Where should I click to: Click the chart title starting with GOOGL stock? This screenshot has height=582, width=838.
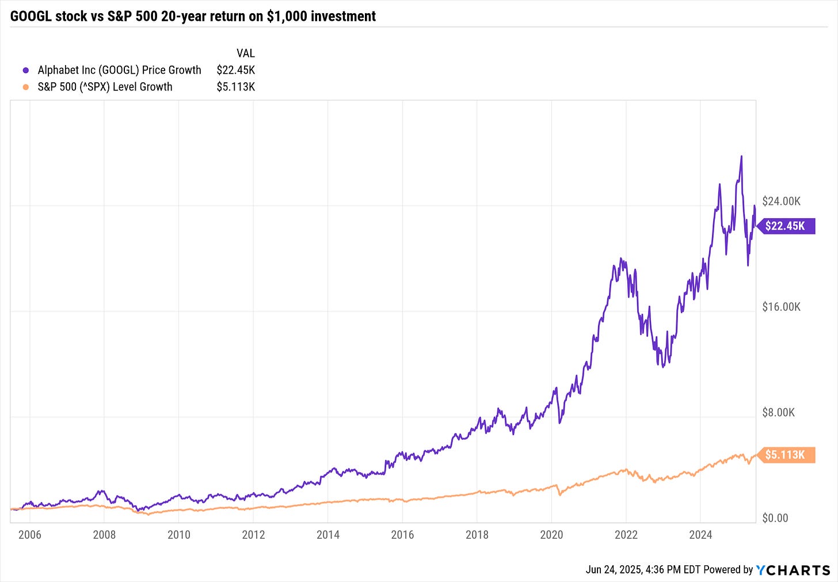click(193, 16)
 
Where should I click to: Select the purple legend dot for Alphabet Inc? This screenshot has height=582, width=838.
click(25, 70)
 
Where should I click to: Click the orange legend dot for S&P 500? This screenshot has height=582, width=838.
click(25, 87)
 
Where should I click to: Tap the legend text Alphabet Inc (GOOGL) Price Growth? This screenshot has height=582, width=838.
click(119, 70)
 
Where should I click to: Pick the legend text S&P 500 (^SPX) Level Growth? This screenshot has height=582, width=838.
click(105, 87)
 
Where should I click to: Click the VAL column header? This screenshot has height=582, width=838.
click(245, 54)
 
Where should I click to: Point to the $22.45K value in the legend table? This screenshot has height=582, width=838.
click(235, 70)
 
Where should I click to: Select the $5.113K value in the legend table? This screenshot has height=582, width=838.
click(235, 87)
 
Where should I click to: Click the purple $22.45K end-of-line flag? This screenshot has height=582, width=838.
click(785, 226)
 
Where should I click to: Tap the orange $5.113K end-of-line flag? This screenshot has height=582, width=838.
click(785, 455)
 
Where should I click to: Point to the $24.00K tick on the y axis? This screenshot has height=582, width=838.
click(781, 201)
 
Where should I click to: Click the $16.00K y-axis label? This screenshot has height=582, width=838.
click(781, 307)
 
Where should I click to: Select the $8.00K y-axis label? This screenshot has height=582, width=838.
click(778, 412)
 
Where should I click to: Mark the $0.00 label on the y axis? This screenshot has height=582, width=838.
click(775, 518)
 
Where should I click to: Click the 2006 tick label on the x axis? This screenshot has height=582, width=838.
click(29, 535)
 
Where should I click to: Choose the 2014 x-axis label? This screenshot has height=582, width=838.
click(327, 535)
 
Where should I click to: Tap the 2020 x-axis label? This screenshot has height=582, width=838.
click(551, 535)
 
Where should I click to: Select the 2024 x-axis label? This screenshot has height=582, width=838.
click(700, 535)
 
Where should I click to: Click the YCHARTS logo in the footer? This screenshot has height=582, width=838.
click(793, 570)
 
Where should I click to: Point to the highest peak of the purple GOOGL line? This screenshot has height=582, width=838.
click(741, 156)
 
